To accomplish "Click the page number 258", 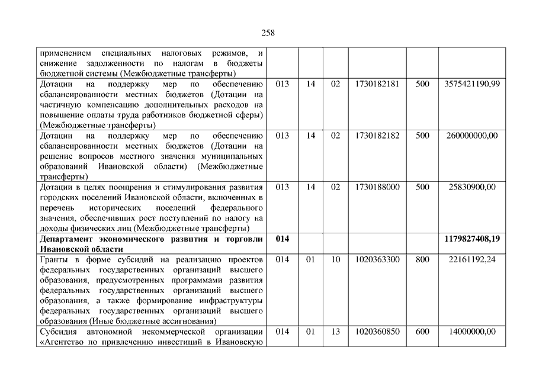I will click(x=268, y=33).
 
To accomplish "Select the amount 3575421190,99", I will click(x=471, y=84).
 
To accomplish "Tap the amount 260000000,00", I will click(x=471, y=136).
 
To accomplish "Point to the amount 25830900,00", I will click(x=471, y=187).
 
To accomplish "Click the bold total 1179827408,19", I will click(x=471, y=239).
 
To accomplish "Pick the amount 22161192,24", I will click(x=471, y=259).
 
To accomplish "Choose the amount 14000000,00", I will click(x=471, y=332).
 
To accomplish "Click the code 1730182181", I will click(x=377, y=84).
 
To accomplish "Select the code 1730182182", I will click(x=377, y=136).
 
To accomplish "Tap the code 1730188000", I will click(x=377, y=187).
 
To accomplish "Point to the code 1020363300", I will click(x=377, y=259).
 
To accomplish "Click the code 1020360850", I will click(x=377, y=332).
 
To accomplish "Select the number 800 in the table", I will click(x=422, y=259).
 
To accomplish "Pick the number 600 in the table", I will click(x=422, y=332).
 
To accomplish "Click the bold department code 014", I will click(x=283, y=239).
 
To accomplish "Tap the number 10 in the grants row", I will click(x=335, y=259).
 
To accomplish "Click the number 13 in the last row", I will click(x=335, y=332).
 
